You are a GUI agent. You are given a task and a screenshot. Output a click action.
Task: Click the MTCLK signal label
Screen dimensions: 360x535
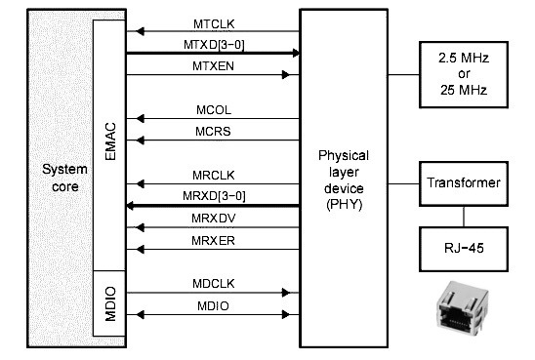(x=212, y=22)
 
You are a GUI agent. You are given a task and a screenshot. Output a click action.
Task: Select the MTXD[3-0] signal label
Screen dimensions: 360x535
(x=212, y=44)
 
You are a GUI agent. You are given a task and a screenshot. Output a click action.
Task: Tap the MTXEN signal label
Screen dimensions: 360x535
(x=212, y=64)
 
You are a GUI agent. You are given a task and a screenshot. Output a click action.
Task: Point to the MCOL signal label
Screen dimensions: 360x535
(x=212, y=110)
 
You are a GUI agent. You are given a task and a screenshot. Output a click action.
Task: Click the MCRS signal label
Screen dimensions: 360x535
(x=212, y=132)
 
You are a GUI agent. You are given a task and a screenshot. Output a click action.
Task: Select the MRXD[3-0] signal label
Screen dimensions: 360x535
(x=212, y=196)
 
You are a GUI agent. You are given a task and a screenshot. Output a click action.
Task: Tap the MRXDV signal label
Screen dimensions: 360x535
(x=212, y=218)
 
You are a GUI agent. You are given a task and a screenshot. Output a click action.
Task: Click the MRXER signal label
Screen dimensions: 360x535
(x=212, y=239)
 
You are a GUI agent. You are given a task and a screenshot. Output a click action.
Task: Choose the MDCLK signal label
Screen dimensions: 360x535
(x=212, y=282)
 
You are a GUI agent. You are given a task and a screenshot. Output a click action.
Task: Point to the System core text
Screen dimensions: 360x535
(x=64, y=179)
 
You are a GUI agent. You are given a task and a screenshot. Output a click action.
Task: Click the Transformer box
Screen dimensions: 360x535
(x=465, y=182)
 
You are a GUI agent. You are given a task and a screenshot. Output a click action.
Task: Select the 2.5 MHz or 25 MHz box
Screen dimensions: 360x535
(x=465, y=74)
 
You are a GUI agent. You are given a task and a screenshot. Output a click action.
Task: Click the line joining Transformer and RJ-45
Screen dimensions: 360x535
(x=465, y=215)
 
